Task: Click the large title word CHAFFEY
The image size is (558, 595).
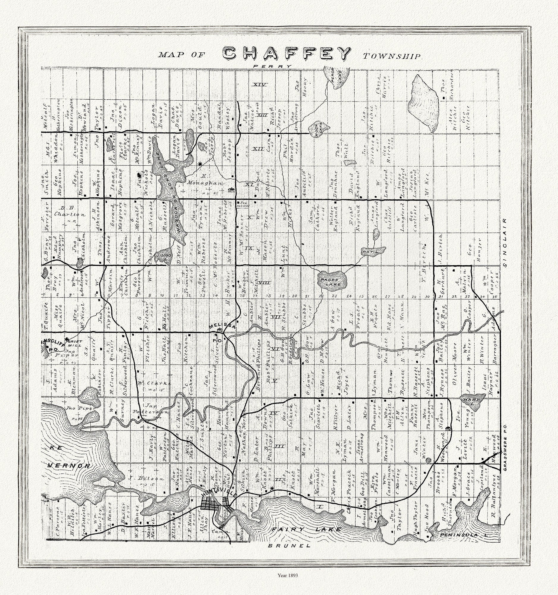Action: pos(287,54)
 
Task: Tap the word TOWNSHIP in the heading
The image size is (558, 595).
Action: pos(392,56)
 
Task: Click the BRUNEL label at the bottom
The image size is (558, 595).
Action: pos(289,546)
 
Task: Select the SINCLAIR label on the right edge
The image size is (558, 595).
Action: pos(505,243)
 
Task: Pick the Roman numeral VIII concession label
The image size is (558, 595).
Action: pos(264,283)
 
